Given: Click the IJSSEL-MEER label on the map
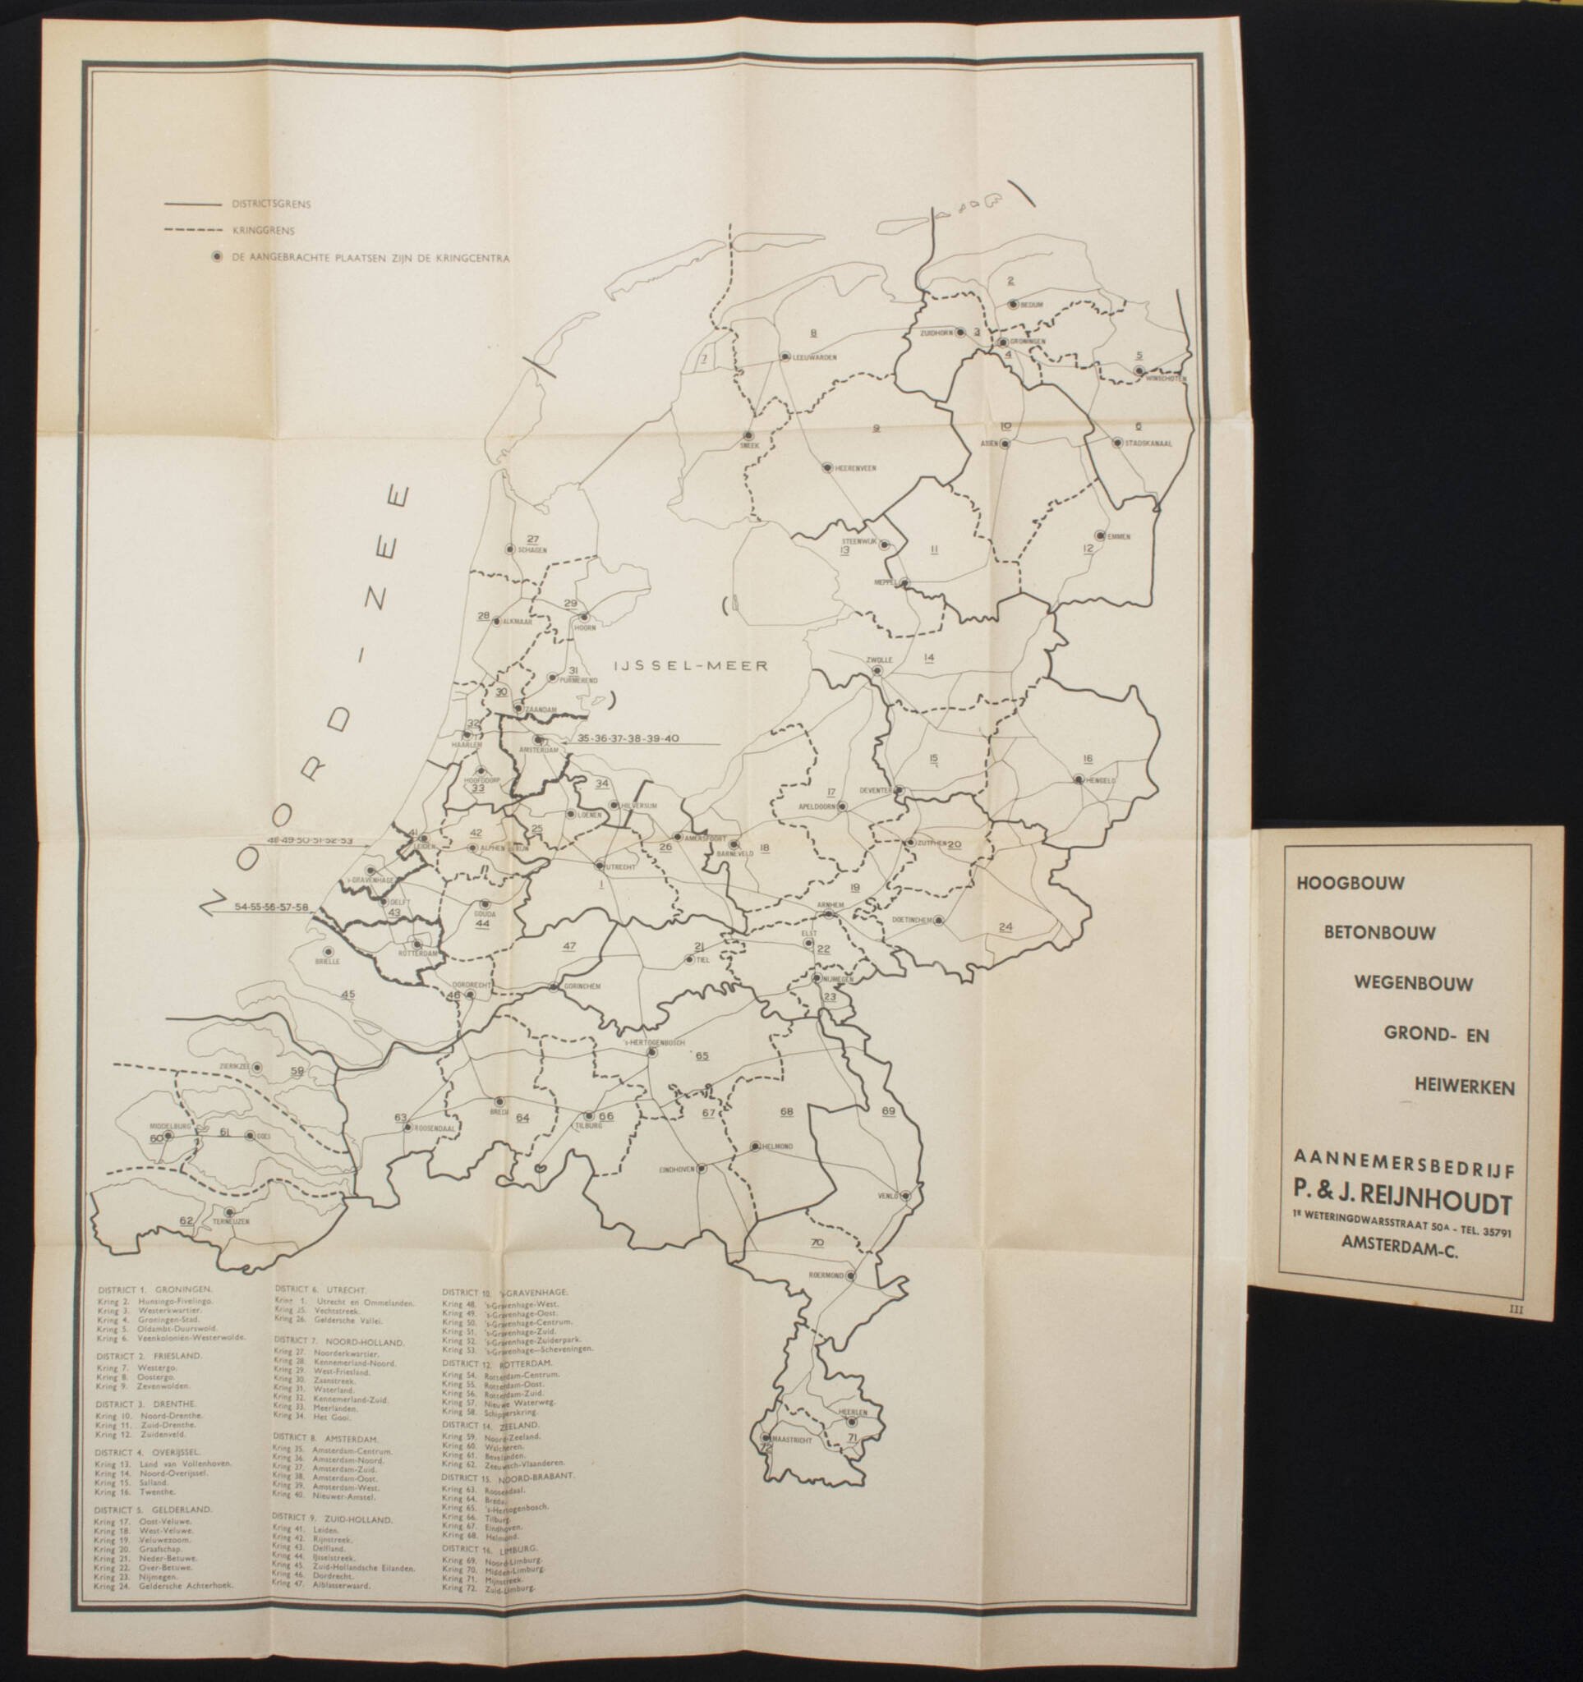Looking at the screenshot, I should click(x=692, y=666).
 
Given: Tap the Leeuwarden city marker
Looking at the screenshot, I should click(x=786, y=356).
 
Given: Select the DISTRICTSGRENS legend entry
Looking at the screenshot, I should click(x=258, y=204).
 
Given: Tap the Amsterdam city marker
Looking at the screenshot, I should click(x=537, y=738).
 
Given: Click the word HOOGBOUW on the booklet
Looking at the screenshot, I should click(x=1345, y=882).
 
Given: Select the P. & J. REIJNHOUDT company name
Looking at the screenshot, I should click(x=1401, y=1202).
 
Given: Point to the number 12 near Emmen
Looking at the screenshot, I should click(x=1087, y=549).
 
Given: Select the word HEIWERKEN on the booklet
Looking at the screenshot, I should click(x=1463, y=1088).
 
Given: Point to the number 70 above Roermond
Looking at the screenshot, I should click(x=817, y=1243).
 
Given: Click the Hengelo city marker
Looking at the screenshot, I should click(x=1079, y=779).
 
